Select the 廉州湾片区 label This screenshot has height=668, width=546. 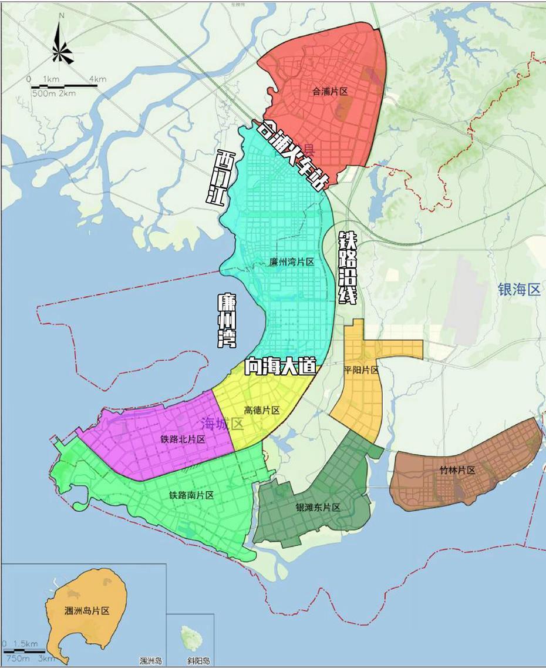[x=292, y=262]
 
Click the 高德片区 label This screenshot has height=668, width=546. [x=262, y=410]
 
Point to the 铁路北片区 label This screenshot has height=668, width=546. [x=183, y=439]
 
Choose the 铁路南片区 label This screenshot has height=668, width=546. [x=191, y=495]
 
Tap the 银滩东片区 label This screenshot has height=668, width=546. [x=318, y=508]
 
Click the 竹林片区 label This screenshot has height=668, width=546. [x=457, y=471]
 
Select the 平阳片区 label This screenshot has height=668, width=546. [x=362, y=370]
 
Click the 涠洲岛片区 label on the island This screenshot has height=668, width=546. [x=87, y=610]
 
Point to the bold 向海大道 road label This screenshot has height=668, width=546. [x=281, y=367]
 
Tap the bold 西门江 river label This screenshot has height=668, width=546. [x=221, y=177]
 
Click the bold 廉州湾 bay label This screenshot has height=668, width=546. [x=227, y=321]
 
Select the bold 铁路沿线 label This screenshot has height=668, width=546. [x=348, y=268]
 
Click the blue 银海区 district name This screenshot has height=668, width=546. [x=518, y=290]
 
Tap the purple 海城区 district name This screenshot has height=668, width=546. [x=222, y=424]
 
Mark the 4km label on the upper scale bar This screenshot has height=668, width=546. [x=98, y=79]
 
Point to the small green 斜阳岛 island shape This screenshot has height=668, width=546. [x=190, y=635]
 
